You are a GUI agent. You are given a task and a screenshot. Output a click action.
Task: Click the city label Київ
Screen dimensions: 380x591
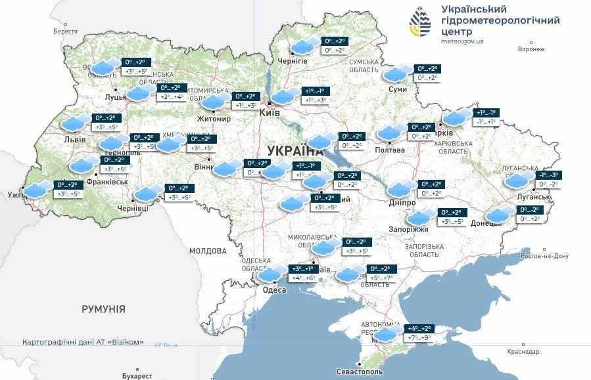[270, 114]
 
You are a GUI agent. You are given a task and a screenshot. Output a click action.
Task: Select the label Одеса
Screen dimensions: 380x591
[273, 289]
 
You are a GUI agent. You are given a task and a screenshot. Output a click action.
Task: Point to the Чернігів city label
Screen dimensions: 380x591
[293, 60]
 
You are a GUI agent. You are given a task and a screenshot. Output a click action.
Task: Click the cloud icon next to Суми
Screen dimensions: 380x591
[396, 74]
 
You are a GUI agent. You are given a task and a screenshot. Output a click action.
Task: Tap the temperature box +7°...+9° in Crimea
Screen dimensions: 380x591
[419, 339]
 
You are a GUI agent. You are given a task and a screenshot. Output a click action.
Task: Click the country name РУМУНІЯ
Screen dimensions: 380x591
[103, 308]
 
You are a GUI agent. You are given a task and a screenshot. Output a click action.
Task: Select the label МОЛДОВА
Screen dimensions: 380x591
[208, 251]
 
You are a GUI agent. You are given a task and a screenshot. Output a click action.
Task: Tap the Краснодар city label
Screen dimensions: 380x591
[523, 352]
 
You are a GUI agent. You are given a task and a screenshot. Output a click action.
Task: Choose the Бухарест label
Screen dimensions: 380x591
[137, 375]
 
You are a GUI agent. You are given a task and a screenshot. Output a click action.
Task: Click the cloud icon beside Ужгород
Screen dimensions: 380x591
[38, 190]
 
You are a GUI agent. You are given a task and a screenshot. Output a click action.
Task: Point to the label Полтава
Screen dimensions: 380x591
[390, 150]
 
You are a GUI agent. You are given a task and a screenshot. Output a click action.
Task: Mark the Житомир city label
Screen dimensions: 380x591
[214, 119]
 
